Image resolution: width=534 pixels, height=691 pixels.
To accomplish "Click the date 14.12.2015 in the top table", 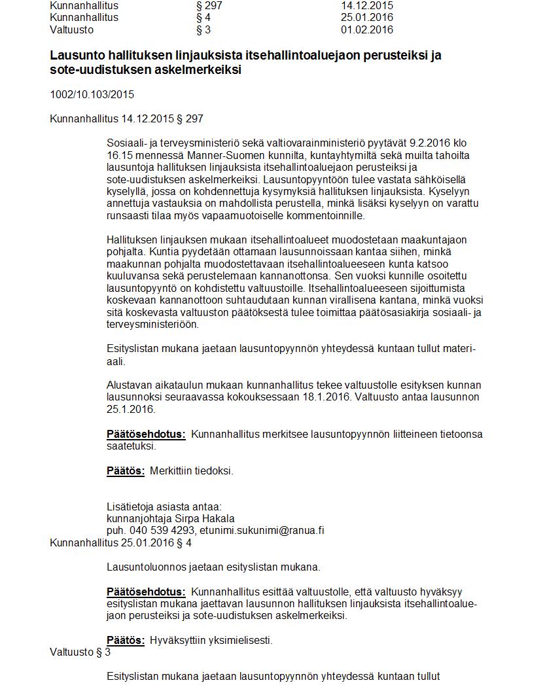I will [367, 5].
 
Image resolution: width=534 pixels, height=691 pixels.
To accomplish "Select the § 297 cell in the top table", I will [209, 5].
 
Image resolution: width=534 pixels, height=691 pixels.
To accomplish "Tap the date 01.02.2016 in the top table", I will [367, 29].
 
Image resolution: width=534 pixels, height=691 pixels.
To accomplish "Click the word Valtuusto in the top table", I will [71, 29].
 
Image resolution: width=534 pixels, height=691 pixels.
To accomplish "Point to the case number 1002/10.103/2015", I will [92, 94].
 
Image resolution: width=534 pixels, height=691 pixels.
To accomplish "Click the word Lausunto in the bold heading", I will [75, 56].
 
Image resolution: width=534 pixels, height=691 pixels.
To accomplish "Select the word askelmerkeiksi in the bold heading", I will [200, 70].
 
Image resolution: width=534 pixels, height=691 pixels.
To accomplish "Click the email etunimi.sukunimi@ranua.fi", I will [262, 531].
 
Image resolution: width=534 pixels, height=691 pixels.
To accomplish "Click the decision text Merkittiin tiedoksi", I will [192, 470].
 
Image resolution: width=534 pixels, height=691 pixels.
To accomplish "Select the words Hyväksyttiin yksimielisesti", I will [211, 641].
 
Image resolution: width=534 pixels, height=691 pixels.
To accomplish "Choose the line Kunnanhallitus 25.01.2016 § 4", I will [120, 542].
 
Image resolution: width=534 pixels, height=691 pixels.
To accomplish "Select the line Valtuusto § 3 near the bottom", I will [80, 652].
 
